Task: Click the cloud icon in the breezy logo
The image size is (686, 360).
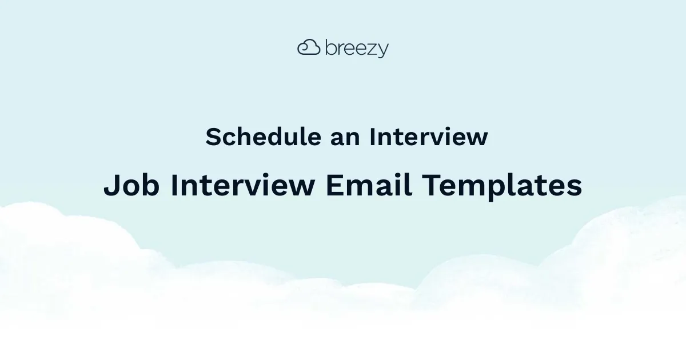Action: (309, 47)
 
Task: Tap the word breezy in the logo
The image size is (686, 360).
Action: (357, 49)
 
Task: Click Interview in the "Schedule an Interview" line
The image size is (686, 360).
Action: (428, 137)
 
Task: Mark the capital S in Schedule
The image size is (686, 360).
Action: (213, 137)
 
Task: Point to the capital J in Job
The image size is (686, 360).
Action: (110, 186)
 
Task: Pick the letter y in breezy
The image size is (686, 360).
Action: (383, 51)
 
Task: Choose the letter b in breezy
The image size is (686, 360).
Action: (330, 47)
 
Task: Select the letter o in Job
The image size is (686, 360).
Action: (130, 188)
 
